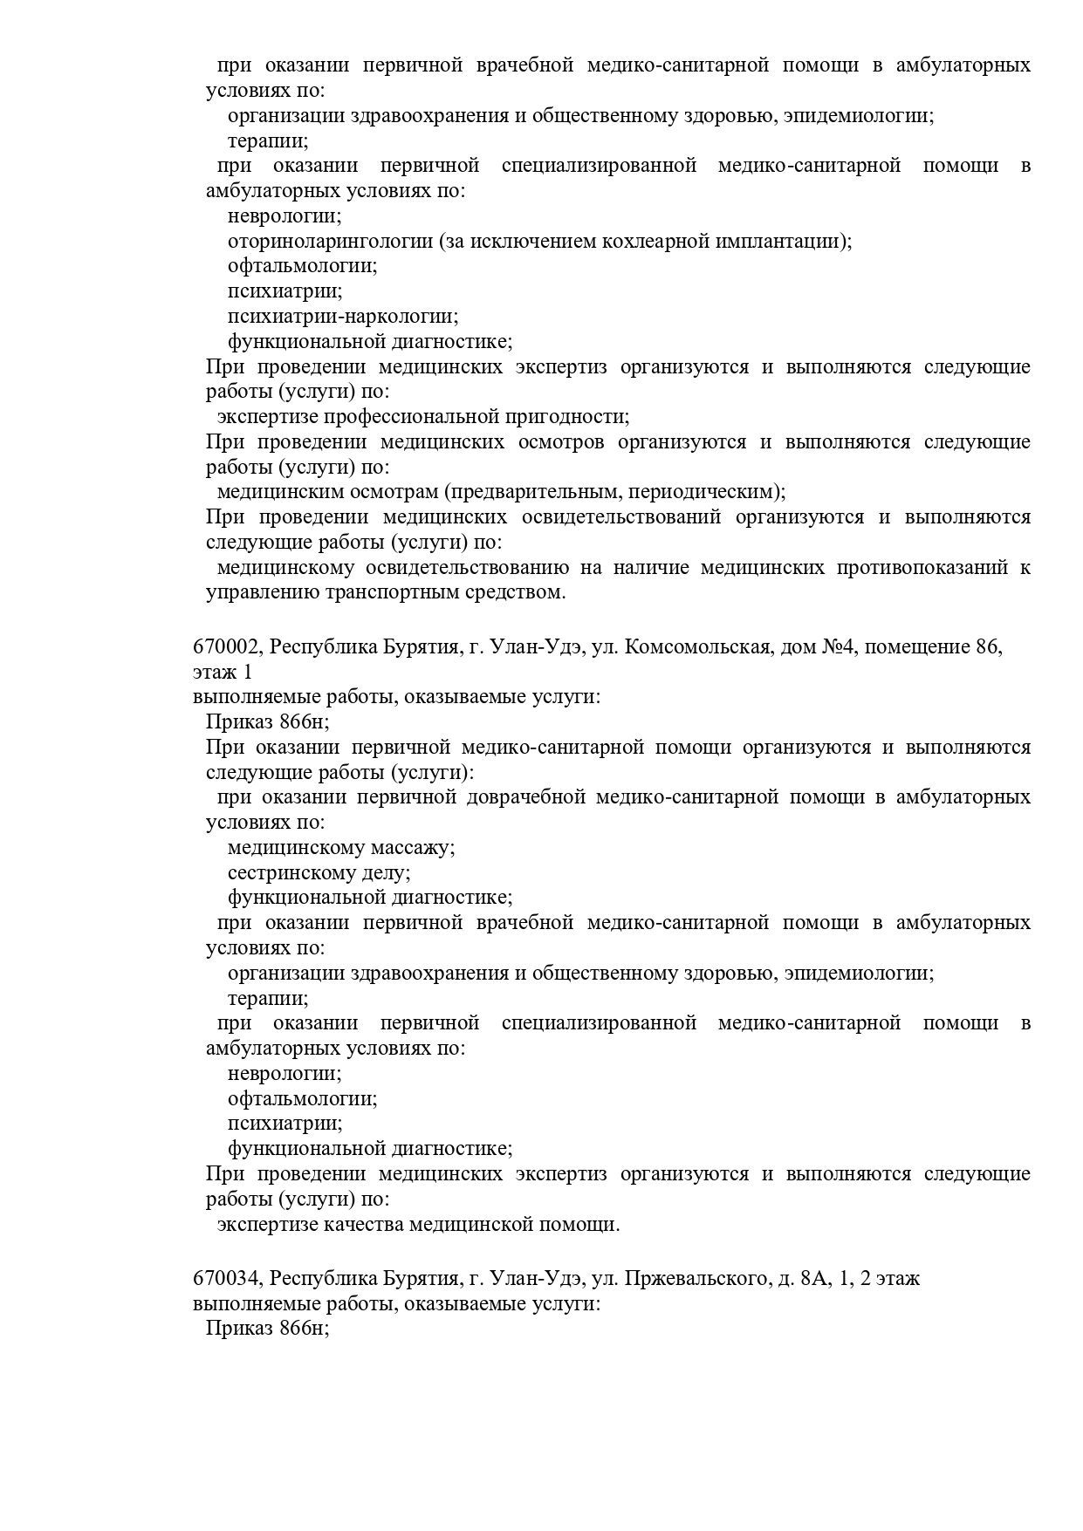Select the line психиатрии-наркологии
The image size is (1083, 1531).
coord(343,317)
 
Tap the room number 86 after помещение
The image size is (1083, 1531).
coord(987,648)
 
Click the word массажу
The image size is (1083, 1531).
coord(413,848)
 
